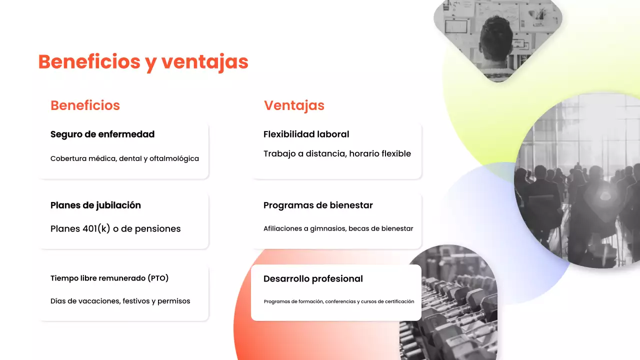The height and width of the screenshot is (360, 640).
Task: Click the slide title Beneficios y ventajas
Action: (x=143, y=62)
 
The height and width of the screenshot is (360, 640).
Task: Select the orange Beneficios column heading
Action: (x=85, y=105)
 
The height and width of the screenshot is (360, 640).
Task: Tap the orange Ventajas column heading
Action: (x=294, y=105)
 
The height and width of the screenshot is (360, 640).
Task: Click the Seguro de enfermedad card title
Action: (x=102, y=134)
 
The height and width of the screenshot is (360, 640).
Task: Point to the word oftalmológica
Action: (x=174, y=158)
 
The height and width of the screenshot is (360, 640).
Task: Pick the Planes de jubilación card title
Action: (x=95, y=205)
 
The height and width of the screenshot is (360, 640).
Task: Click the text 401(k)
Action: (x=96, y=228)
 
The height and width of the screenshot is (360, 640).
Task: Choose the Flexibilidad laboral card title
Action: (x=306, y=134)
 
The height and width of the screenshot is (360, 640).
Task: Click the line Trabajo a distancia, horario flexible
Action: (x=337, y=153)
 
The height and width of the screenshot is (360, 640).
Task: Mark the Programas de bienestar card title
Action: (x=318, y=205)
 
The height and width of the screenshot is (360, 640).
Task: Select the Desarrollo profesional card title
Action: (x=313, y=278)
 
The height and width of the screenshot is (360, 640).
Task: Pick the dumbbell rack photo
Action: (x=452, y=310)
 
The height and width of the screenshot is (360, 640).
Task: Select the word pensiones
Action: (x=158, y=228)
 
